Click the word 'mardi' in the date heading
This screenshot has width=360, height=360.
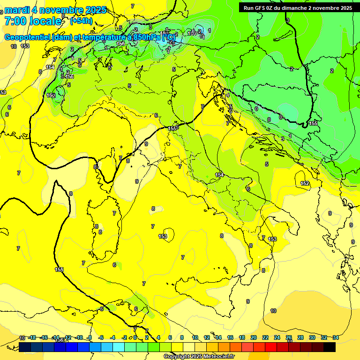[17, 10]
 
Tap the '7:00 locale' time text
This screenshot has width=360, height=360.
[33, 21]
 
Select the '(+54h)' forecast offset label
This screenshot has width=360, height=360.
[81, 21]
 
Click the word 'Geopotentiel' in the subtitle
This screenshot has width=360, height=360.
[29, 37]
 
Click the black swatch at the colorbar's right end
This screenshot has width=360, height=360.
[330, 347]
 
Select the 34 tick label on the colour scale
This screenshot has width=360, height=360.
[335, 337]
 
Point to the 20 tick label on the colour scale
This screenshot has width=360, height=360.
[253, 337]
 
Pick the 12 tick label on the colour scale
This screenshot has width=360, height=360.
[207, 337]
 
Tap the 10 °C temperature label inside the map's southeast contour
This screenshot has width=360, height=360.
[273, 311]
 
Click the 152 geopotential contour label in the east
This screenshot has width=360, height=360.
[305, 183]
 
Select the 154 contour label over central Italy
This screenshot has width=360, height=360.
[219, 175]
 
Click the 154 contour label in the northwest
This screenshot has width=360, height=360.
[50, 67]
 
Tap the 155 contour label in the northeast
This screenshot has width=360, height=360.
[313, 123]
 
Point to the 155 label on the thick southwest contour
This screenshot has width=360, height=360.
[59, 270]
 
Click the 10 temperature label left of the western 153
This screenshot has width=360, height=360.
[14, 46]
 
